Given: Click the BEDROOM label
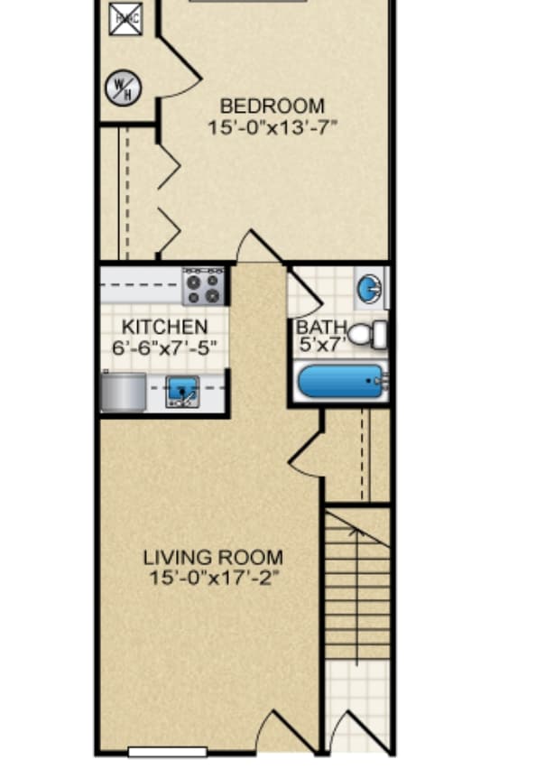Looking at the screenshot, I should [x=272, y=107].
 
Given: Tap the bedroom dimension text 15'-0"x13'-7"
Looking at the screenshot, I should [x=272, y=126].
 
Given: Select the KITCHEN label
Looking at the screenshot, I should [x=165, y=327].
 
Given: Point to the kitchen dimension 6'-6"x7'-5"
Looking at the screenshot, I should [x=165, y=347].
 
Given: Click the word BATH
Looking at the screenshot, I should [x=316, y=327].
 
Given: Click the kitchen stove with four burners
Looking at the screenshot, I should [x=203, y=287].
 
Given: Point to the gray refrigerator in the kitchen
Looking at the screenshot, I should [x=123, y=392].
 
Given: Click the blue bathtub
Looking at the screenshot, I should [x=341, y=382].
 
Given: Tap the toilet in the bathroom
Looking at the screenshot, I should [x=367, y=335].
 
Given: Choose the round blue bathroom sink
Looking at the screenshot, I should [x=368, y=289].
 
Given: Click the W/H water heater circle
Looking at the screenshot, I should [x=119, y=88].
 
